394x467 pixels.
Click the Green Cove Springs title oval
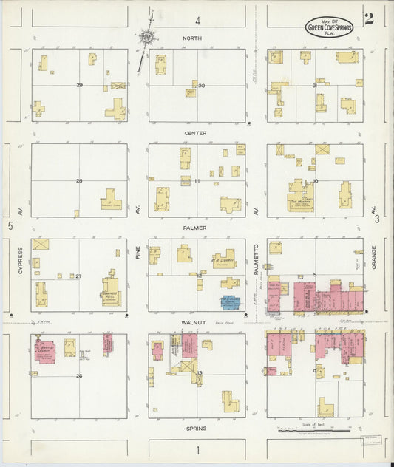(x=330, y=28)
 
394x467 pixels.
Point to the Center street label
(x=197, y=133)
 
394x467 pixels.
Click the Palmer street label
(x=197, y=228)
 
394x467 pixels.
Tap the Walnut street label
(x=197, y=323)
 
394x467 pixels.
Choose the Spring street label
(x=197, y=428)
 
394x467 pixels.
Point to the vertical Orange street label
(x=375, y=259)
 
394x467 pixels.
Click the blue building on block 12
(x=231, y=302)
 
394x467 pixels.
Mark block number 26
(x=78, y=375)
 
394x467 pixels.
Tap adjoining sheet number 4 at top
(x=197, y=20)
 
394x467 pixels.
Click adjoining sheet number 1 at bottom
(x=197, y=449)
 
